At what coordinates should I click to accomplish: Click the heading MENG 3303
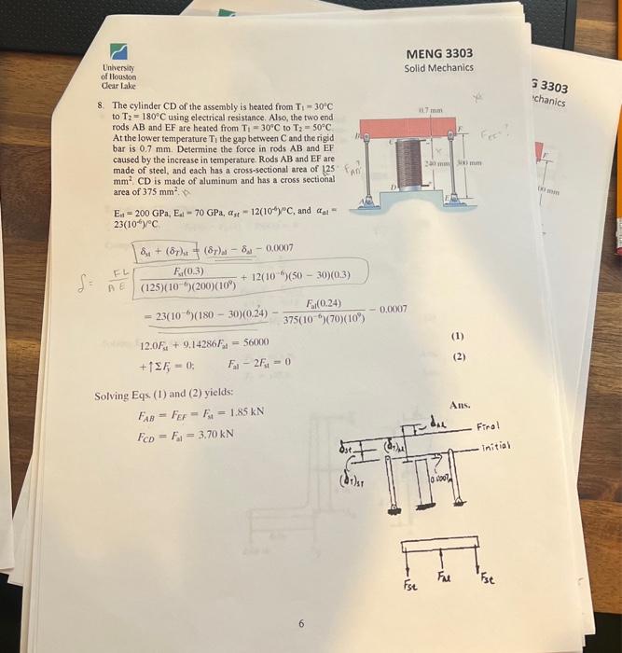pos(438,52)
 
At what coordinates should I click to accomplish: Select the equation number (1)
pos(459,336)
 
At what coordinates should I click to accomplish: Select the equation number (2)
pos(458,357)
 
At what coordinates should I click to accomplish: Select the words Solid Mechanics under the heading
pos(438,67)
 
